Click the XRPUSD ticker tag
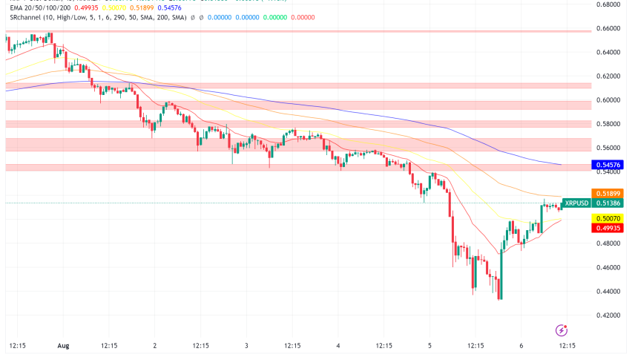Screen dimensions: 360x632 click(x=576, y=203)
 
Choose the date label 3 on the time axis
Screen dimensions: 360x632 click(x=246, y=346)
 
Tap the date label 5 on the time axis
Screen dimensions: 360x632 click(x=430, y=346)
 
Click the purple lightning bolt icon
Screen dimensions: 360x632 click(x=562, y=330)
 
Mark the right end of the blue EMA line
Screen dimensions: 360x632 click(x=560, y=163)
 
